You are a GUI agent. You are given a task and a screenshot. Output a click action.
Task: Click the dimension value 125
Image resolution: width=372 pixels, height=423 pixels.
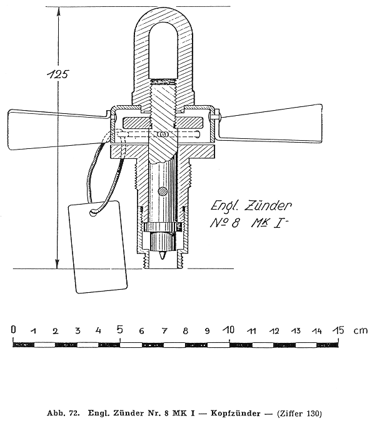click(x=58, y=74)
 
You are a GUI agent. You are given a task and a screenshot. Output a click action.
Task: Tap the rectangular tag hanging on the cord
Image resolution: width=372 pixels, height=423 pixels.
click(x=98, y=247)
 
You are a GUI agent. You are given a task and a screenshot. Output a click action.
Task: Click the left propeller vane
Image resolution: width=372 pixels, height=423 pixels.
click(x=57, y=130)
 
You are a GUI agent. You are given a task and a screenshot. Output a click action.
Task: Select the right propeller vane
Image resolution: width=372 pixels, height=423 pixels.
click(x=269, y=123)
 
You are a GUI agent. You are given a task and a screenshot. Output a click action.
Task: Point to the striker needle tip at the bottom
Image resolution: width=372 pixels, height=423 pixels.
click(x=163, y=258)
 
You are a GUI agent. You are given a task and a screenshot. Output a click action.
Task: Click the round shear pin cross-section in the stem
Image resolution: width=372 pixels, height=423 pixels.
click(x=163, y=191)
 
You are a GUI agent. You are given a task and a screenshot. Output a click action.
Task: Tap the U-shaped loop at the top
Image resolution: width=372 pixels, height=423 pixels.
click(x=164, y=54)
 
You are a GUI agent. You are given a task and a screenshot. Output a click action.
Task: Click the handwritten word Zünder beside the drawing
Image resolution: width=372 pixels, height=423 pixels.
click(x=268, y=206)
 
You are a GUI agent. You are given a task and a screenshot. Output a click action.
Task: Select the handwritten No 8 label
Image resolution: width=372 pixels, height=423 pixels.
click(x=224, y=223)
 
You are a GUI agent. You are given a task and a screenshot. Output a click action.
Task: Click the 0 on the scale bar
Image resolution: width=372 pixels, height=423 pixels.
click(x=14, y=329)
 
